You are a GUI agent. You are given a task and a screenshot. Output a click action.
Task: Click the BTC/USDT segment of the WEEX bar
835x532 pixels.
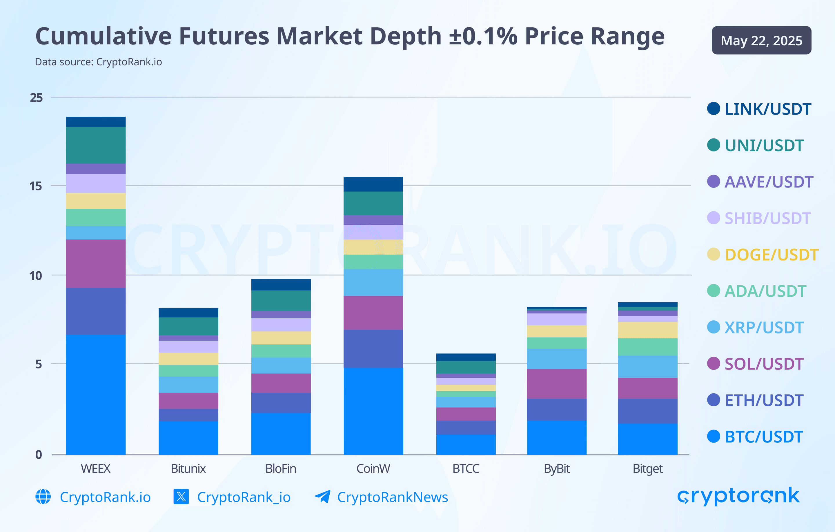click(96, 395)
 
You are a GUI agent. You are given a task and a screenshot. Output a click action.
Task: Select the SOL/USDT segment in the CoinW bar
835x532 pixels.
click(373, 312)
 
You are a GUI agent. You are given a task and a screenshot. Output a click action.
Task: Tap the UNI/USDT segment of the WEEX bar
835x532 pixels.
click(96, 145)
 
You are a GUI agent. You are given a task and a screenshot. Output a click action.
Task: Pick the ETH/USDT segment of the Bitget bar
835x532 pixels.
click(647, 411)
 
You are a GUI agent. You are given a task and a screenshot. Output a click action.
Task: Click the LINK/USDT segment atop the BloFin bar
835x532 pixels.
click(281, 284)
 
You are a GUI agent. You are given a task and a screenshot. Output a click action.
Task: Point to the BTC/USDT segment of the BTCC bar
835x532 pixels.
click(466, 445)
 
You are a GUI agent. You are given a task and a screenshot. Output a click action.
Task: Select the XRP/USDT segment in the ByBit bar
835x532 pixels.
click(557, 359)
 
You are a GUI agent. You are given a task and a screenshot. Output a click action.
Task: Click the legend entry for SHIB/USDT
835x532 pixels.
click(767, 218)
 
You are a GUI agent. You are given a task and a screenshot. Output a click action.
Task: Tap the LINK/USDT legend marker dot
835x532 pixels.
click(713, 109)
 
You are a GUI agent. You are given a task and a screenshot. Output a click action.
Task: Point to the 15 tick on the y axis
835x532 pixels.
click(36, 186)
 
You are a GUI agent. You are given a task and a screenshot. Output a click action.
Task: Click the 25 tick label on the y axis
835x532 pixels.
click(36, 98)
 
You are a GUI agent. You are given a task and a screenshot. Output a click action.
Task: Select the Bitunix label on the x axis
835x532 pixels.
click(188, 469)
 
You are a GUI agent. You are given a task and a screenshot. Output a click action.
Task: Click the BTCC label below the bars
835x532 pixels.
click(466, 469)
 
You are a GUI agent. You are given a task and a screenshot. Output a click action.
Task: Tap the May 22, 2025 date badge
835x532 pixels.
click(761, 41)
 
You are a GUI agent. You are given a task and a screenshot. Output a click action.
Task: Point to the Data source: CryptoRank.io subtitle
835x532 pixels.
click(99, 62)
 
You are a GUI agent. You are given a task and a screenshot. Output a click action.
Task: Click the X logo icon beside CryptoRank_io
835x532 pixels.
click(181, 497)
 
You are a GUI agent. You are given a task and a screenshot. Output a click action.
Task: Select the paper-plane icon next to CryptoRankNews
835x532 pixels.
click(322, 496)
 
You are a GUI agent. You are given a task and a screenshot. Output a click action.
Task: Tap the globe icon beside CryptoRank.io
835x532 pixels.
click(43, 497)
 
